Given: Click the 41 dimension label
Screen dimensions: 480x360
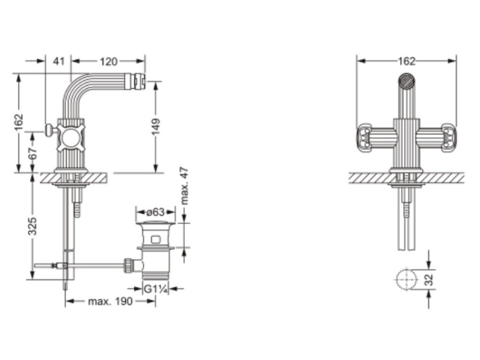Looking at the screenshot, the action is (59, 61).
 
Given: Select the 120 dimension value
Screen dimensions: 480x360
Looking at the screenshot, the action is (109, 61).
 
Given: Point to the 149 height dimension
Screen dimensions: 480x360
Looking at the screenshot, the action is (156, 127).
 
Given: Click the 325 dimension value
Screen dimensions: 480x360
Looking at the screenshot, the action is (33, 226).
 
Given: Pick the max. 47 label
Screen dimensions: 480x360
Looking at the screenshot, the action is (184, 185).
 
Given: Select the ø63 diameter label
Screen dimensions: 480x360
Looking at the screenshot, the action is (156, 212).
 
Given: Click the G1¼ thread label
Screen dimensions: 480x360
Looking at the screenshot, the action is (156, 289).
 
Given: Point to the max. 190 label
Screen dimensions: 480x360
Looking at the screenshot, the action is (110, 301).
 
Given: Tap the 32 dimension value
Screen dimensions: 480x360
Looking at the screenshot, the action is (430, 279).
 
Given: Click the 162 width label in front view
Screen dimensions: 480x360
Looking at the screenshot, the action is (406, 61).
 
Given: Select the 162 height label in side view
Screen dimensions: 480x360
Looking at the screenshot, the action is (19, 122).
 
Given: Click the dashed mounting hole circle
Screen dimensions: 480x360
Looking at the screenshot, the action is (406, 279).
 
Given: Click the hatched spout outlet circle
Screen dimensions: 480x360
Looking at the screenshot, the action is (406, 81).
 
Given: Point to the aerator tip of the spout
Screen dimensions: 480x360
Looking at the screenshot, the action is (141, 81).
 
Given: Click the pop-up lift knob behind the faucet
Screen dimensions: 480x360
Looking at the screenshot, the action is (49, 130).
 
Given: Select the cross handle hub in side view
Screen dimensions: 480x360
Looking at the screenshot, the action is (70, 137).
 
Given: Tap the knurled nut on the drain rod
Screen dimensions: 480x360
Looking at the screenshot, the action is (128, 265).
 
